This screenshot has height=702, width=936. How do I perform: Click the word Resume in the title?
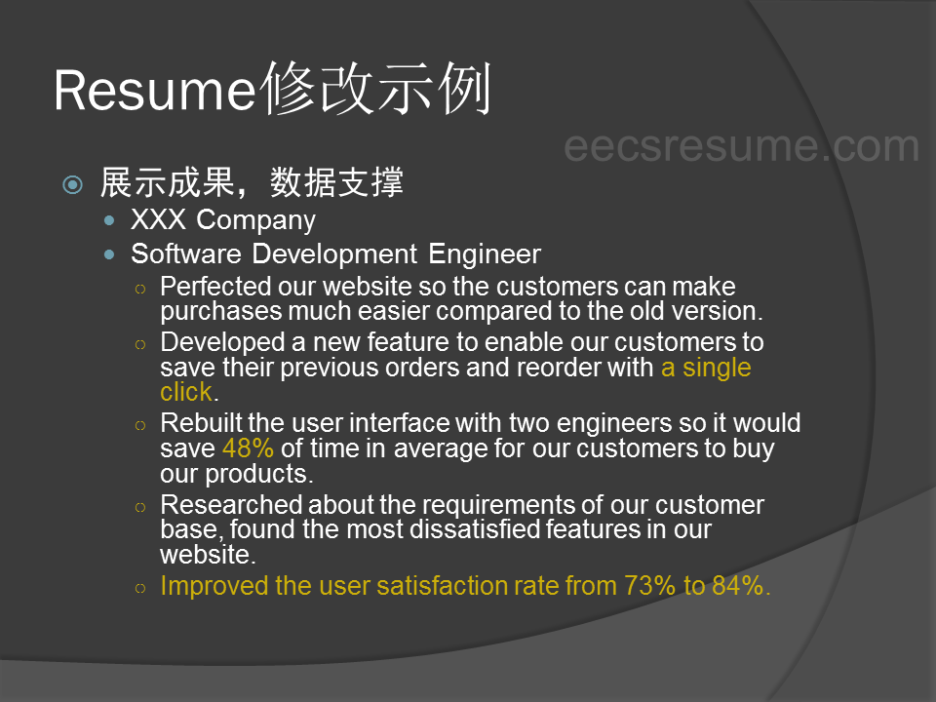click(155, 91)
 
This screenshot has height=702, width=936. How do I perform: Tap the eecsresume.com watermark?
click(741, 145)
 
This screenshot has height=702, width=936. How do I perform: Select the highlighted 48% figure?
click(248, 448)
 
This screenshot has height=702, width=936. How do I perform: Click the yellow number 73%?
click(649, 586)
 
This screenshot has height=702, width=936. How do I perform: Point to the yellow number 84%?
click(738, 586)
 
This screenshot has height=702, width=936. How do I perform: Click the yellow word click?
click(186, 392)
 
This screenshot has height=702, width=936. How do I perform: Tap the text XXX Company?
click(223, 220)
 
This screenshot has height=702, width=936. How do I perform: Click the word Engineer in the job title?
click(485, 254)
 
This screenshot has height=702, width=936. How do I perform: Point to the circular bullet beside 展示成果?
click(73, 184)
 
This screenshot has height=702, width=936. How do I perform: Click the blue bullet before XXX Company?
click(108, 220)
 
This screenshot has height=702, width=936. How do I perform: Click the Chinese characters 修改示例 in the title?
click(376, 89)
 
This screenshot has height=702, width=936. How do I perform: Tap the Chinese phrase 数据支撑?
click(336, 182)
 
